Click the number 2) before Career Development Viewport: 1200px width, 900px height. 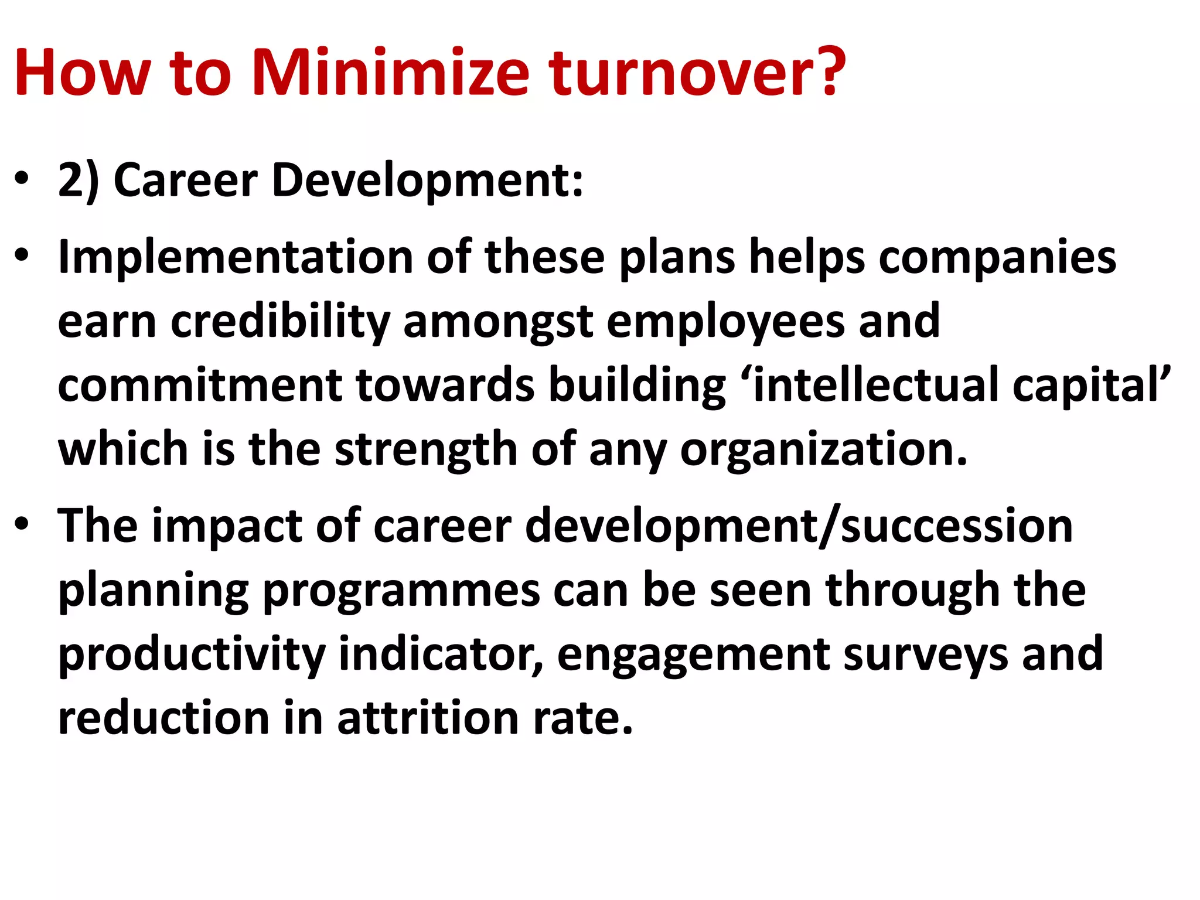click(79, 180)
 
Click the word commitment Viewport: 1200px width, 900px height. click(200, 385)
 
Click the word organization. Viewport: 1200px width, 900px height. click(823, 449)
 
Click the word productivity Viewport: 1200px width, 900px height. click(192, 654)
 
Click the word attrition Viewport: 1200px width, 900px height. click(428, 718)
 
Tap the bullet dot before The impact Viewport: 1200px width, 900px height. click(22, 523)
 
